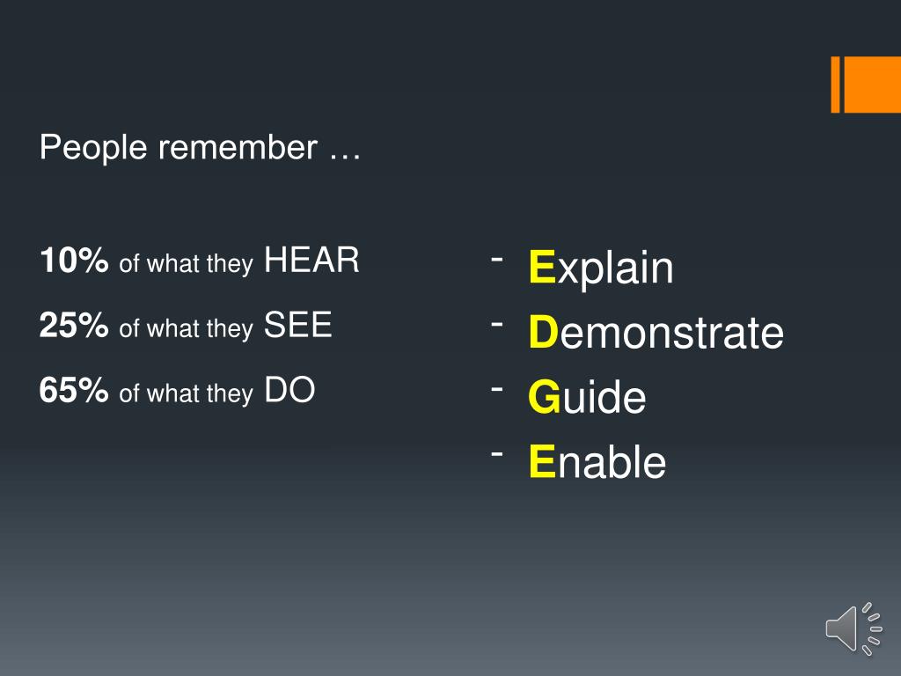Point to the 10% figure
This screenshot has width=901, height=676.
74,261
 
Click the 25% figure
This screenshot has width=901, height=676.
74,327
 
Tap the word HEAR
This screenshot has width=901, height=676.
311,261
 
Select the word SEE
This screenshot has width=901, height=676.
297,326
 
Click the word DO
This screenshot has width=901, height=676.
289,391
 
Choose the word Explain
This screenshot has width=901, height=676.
601,268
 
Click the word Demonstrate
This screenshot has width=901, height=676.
656,333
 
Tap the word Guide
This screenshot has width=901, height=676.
587,398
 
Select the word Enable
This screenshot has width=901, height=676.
597,462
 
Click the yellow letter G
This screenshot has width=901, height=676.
544,398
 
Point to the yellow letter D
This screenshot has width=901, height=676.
544,333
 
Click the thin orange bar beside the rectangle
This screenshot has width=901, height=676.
836,84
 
